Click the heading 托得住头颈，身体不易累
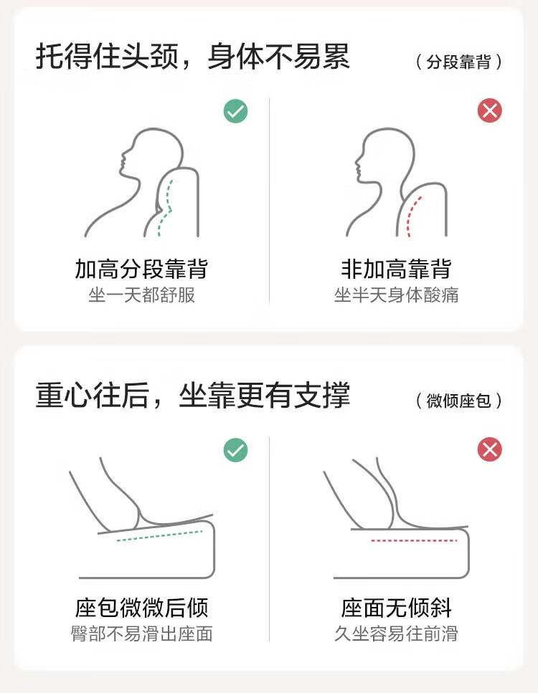193,57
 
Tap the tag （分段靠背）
459,62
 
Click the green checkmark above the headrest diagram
235,110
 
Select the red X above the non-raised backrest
490,110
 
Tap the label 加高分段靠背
141,269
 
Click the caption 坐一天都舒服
141,295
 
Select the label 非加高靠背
396,269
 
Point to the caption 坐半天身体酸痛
396,295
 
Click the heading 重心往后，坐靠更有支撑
193,395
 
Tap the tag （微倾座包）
459,401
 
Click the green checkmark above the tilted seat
235,450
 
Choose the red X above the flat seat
490,450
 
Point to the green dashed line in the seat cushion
160,535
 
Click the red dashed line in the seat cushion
414,540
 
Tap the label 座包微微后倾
141,608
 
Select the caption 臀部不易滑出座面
141,634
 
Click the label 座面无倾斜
396,608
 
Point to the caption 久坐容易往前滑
396,634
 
